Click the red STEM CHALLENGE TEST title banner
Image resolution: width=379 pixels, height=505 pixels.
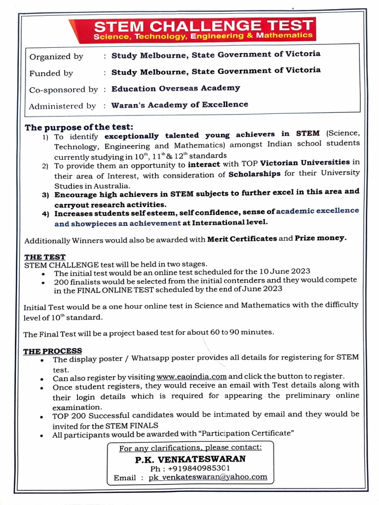point(203,30)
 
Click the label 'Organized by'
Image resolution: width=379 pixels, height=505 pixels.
point(56,57)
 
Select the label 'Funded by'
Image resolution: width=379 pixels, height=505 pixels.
point(51,73)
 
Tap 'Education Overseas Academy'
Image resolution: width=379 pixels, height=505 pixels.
point(176,88)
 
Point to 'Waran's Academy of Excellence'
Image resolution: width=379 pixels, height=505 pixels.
point(180,105)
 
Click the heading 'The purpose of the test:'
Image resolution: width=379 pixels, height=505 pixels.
point(79,127)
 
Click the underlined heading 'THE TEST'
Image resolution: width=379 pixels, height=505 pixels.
point(45,257)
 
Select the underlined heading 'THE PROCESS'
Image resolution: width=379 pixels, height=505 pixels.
point(53,351)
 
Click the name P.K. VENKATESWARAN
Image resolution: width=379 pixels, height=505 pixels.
point(190,459)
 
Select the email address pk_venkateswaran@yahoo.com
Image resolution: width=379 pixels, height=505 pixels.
point(208,477)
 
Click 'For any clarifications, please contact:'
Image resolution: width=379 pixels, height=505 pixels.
point(190,448)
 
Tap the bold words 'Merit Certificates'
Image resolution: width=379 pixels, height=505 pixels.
point(242,239)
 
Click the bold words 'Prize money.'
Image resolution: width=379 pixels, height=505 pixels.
point(321,238)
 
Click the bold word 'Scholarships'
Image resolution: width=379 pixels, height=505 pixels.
point(255,174)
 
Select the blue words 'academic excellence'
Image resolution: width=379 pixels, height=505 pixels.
point(317,211)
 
